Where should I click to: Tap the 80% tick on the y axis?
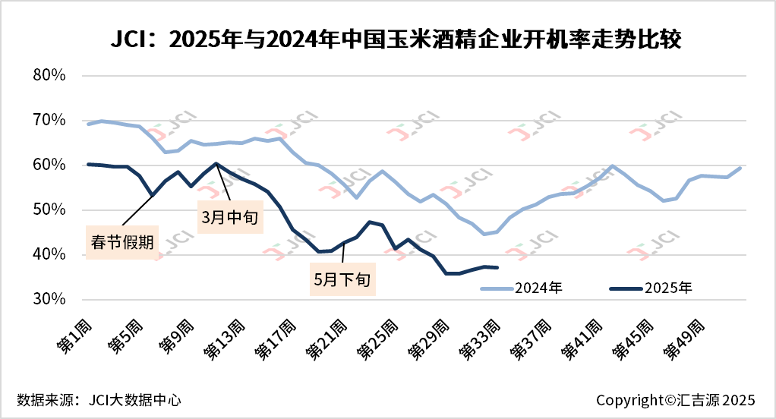click(51, 76)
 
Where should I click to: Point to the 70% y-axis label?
click(51, 121)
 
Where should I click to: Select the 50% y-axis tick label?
click(51, 210)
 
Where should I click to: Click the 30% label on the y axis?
click(51, 300)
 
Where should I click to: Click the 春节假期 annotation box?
click(122, 243)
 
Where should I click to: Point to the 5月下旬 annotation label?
click(342, 279)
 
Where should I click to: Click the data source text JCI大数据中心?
click(99, 399)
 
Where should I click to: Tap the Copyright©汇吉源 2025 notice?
click(675, 399)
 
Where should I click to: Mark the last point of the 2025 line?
click(497, 267)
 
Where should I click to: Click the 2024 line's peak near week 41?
click(612, 165)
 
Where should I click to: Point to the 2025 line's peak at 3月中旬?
click(216, 163)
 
